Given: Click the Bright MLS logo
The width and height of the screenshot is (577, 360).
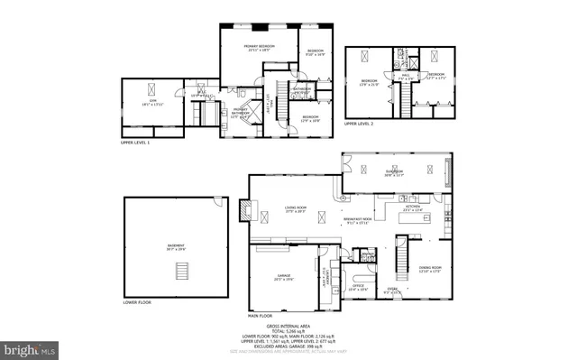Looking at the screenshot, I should [x=30, y=347].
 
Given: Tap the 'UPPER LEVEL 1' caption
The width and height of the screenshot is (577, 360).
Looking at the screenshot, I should [x=141, y=143].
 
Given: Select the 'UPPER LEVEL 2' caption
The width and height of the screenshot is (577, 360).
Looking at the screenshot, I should [x=362, y=123].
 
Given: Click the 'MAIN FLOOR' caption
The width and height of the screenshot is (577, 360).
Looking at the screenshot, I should [x=261, y=316].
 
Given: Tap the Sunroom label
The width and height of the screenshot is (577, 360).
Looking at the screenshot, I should [x=394, y=172].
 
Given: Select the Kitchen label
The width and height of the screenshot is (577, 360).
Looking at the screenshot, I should [x=413, y=208].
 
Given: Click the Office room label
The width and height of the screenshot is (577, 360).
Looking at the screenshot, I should [x=357, y=287].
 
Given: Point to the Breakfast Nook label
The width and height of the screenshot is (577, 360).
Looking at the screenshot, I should [x=358, y=220].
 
